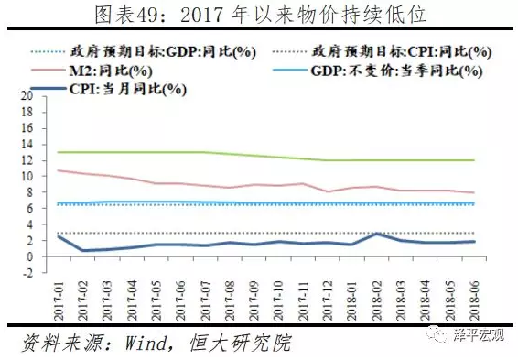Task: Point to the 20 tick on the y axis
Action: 27,96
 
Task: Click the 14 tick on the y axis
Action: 27,145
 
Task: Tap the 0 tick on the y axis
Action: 29,256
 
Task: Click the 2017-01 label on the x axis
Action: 59,300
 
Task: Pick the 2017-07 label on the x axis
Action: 205,300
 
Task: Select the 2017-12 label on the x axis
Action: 328,300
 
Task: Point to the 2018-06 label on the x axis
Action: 474,300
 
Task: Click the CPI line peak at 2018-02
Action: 376,235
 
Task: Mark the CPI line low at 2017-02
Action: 83,250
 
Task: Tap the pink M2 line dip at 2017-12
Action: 328,191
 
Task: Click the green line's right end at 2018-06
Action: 474,160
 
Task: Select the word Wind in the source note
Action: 146,343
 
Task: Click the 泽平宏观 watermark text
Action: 479,335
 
